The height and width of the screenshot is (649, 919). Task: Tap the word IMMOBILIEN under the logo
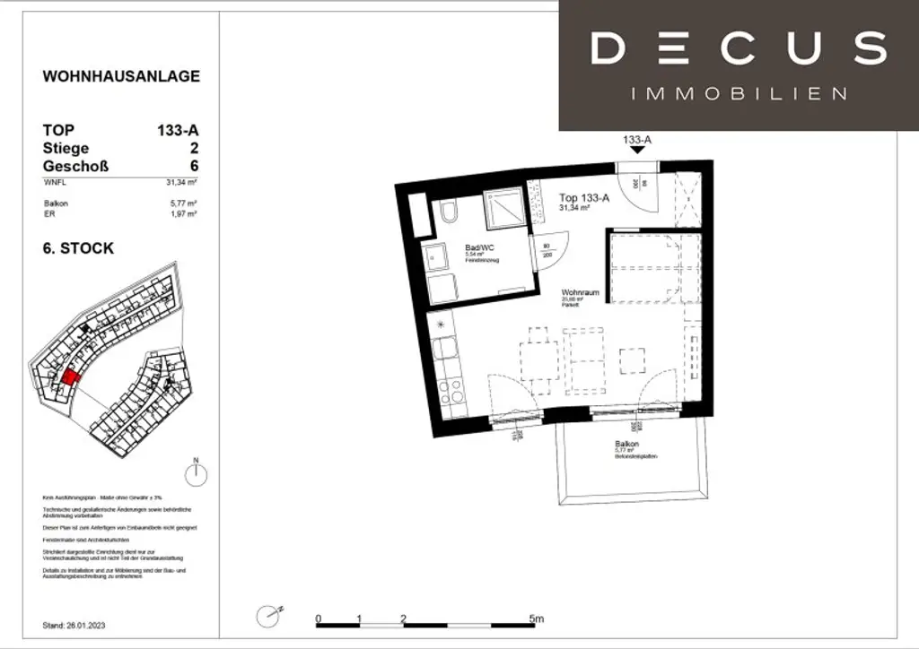tap(739, 93)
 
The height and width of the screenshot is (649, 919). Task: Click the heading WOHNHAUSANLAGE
tap(121, 76)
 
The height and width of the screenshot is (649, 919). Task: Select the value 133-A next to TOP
tap(178, 130)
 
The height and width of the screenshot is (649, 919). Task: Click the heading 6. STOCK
tap(78, 247)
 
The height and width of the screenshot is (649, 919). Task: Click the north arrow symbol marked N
tap(196, 472)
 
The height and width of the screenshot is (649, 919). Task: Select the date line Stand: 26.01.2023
tap(79, 625)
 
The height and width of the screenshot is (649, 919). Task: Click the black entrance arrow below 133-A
tap(636, 151)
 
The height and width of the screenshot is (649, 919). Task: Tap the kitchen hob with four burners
tap(449, 391)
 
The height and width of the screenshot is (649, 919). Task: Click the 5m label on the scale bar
tap(536, 619)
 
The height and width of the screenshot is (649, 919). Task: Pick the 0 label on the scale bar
tap(318, 619)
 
